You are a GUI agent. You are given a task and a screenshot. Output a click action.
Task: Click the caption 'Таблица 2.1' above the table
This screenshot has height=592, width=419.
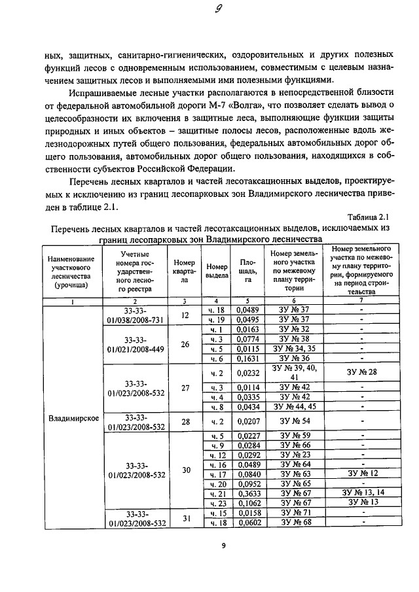pos(369,217)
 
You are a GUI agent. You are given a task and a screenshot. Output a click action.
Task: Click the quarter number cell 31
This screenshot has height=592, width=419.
pos(185,519)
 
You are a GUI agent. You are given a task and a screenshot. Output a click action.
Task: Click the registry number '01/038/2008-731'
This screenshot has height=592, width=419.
pos(137,320)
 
